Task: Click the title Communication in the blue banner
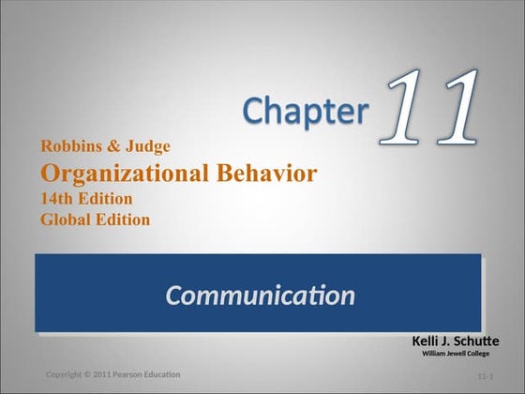tap(260, 296)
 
